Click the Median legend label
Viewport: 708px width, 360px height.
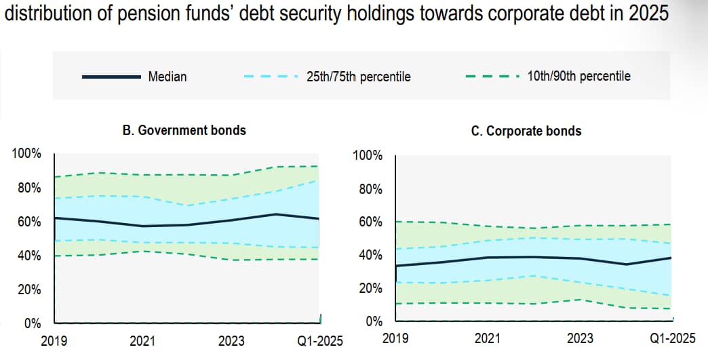tap(167, 77)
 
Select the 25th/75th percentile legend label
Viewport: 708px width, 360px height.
tap(359, 77)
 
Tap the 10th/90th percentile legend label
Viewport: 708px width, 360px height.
tap(579, 76)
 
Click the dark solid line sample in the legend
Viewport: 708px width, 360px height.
tap(111, 77)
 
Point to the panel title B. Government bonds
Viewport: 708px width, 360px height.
tap(184, 130)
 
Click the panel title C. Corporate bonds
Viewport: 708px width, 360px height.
tap(526, 132)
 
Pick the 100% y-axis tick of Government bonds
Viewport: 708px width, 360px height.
tap(26, 153)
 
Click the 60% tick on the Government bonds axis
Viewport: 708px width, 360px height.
tap(29, 222)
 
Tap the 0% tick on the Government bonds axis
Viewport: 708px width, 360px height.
tap(32, 323)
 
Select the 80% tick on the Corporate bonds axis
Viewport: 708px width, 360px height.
tap(371, 189)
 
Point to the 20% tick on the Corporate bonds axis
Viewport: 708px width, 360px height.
tap(371, 288)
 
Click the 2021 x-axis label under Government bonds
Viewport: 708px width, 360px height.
tap(142, 341)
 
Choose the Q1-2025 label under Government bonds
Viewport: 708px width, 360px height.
tap(320, 341)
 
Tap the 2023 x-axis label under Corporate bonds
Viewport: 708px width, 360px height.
tap(580, 338)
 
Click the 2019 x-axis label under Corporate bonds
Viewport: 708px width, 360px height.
tap(395, 338)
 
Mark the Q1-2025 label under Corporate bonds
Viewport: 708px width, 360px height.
tap(673, 338)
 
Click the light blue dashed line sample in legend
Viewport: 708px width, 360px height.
tap(271, 77)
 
